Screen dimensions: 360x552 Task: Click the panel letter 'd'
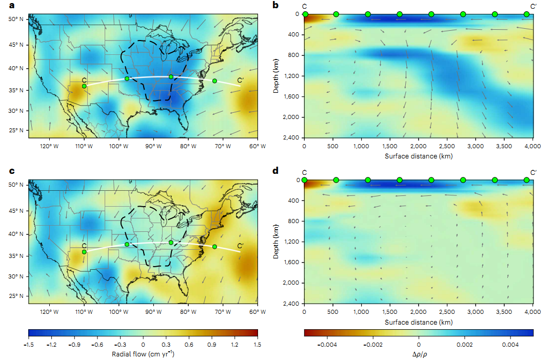point(276,171)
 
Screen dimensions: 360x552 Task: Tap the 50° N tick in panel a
point(17,19)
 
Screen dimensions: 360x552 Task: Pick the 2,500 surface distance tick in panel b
point(447,146)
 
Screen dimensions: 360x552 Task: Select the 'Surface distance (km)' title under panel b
point(418,155)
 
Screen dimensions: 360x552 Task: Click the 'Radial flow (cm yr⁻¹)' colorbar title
point(143,354)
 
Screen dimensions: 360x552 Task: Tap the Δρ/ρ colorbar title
point(419,354)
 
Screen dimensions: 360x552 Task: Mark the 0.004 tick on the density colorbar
point(505,344)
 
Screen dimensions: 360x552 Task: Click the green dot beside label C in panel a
point(84,86)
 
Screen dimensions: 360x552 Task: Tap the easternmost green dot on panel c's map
point(214,247)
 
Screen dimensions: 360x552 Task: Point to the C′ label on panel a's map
point(240,81)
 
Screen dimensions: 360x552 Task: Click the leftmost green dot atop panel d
point(305,180)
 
